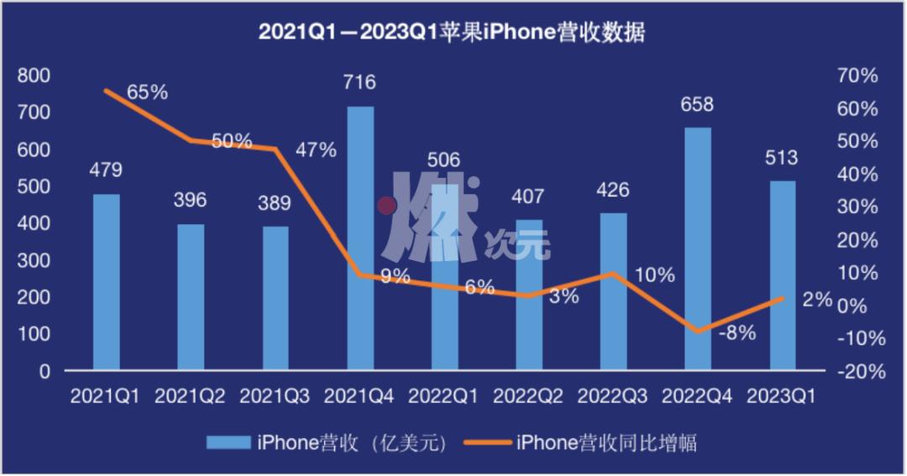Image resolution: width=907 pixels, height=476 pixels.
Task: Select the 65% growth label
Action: pyautogui.click(x=148, y=92)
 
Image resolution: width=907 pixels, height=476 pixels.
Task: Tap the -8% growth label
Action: pyautogui.click(x=737, y=332)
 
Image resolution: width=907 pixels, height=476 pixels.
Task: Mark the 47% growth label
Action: pyautogui.click(x=316, y=151)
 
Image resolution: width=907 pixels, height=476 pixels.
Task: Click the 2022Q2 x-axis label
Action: pyautogui.click(x=528, y=395)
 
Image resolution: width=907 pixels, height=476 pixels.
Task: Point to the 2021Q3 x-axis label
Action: pyautogui.click(x=275, y=395)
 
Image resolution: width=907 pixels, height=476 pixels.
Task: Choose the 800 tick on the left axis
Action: pyautogui.click(x=34, y=76)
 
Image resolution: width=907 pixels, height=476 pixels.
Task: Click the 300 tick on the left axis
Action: pyautogui.click(x=34, y=260)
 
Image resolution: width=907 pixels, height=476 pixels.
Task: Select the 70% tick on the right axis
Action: pyautogui.click(x=857, y=76)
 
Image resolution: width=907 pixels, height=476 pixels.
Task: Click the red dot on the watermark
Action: pyautogui.click(x=385, y=205)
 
